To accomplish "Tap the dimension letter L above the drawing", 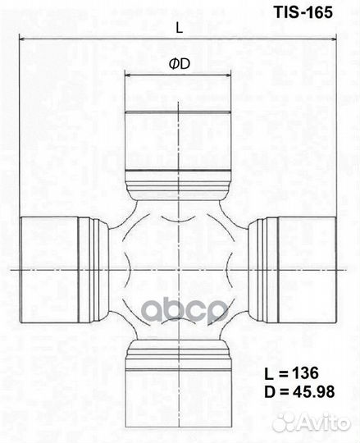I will pyautogui.click(x=179, y=26).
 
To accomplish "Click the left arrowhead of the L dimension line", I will pyautogui.click(x=23, y=39).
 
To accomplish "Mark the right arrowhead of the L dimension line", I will pyautogui.click(x=334, y=39).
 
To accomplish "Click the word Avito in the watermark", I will pyautogui.click(x=324, y=422).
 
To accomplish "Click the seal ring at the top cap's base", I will pyautogui.click(x=179, y=182).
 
